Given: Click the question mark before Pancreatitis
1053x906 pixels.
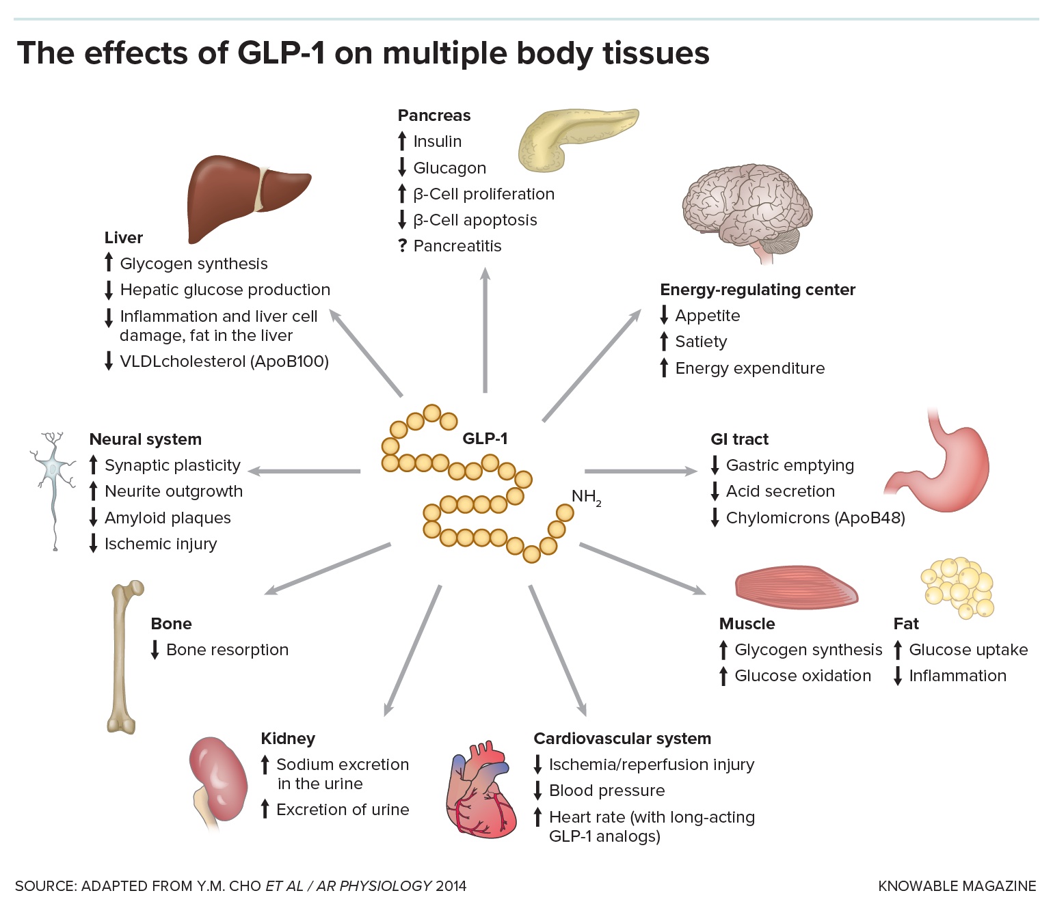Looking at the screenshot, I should tap(402, 246).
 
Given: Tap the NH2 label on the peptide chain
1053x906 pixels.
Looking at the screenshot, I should tap(586, 497).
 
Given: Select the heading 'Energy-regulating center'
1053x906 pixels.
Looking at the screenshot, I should tap(758, 290).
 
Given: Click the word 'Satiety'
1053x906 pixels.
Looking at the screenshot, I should tap(701, 342).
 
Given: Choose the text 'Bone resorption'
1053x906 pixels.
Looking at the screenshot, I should tap(227, 650).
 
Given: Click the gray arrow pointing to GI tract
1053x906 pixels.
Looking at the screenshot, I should tap(640, 471).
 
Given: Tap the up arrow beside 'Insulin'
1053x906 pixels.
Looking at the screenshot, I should tap(402, 141).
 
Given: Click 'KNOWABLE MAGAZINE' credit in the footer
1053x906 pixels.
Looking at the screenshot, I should tap(957, 886).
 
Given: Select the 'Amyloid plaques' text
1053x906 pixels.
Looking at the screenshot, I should tap(168, 518).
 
